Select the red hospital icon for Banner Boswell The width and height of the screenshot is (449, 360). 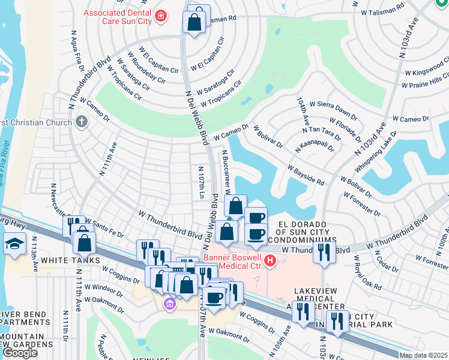pos(270,260)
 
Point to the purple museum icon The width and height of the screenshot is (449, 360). pos(170,304)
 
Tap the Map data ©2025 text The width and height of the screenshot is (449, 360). pos(423,355)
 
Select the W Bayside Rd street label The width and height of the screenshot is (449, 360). pos(306,176)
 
